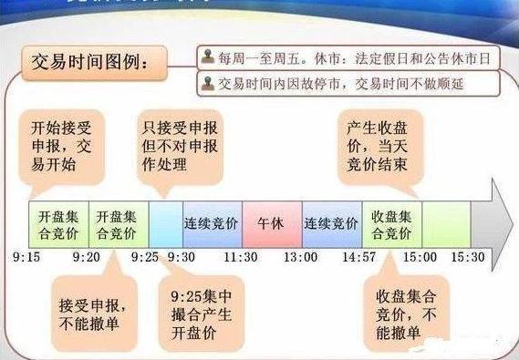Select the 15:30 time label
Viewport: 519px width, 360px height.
(466, 258)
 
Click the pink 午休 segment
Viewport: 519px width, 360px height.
(272, 223)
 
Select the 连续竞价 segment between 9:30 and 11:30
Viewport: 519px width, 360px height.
(212, 223)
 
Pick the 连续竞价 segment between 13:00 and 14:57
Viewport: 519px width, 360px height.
(331, 223)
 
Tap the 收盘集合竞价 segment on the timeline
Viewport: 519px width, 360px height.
(392, 223)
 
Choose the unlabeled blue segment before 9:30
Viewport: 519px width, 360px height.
(165, 223)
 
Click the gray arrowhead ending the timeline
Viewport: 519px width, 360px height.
(492, 222)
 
